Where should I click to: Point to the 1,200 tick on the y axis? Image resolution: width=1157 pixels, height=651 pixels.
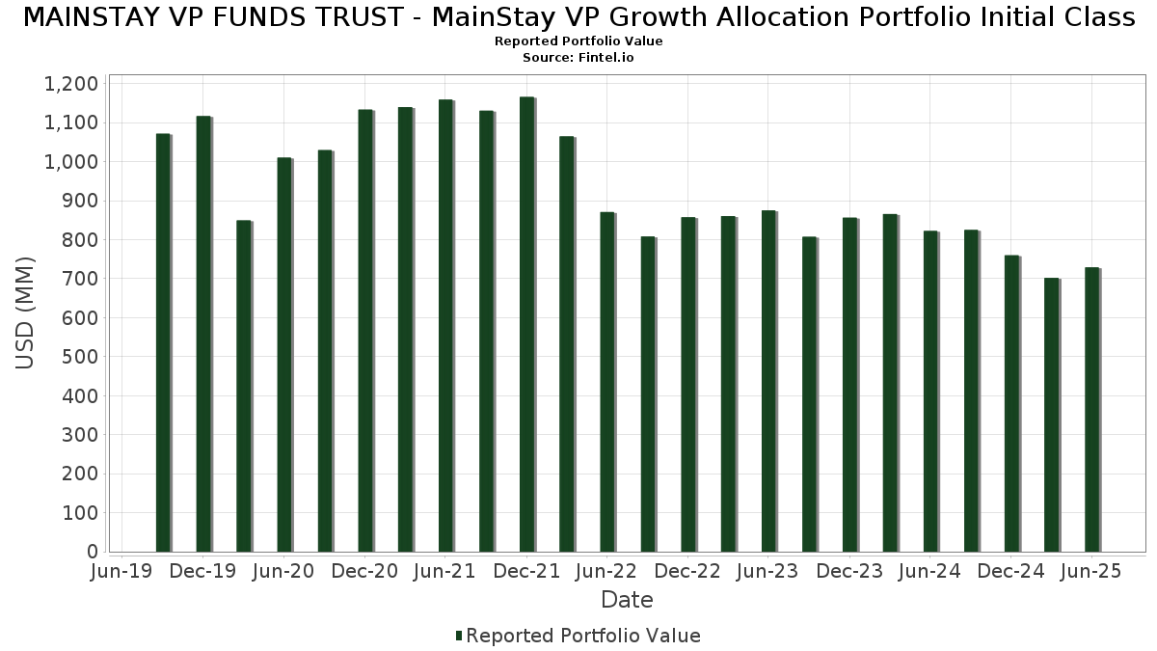tap(71, 84)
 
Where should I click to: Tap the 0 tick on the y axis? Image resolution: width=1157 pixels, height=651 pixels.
tap(93, 552)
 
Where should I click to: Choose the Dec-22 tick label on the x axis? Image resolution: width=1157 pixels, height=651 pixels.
tap(688, 572)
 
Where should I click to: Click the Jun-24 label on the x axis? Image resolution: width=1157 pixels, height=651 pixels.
tap(930, 572)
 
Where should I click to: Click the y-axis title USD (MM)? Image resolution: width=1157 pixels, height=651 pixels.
tap(26, 312)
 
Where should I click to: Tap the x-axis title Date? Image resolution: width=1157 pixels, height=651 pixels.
tap(627, 600)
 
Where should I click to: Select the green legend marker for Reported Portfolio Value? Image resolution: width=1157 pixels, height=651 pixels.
tap(459, 636)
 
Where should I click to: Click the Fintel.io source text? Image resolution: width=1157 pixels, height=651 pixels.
tap(578, 58)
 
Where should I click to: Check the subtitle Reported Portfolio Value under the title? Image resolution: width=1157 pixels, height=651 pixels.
tap(578, 41)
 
